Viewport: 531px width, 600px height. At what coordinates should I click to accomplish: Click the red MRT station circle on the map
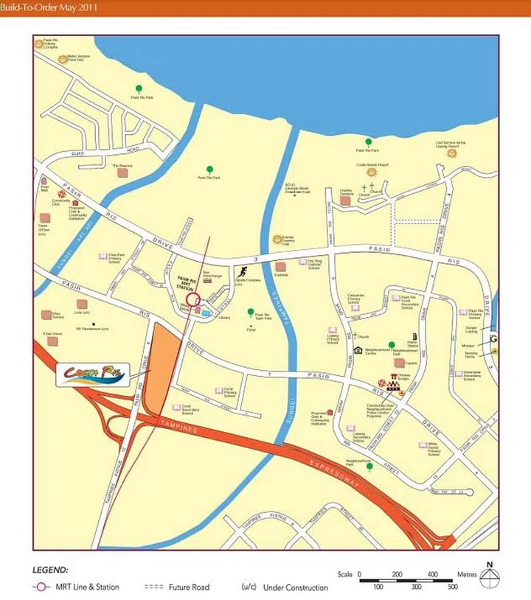pos(193,300)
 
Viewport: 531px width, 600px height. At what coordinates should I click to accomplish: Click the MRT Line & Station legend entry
pos(78,587)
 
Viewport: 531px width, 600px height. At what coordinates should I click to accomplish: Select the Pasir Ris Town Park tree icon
pos(250,312)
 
